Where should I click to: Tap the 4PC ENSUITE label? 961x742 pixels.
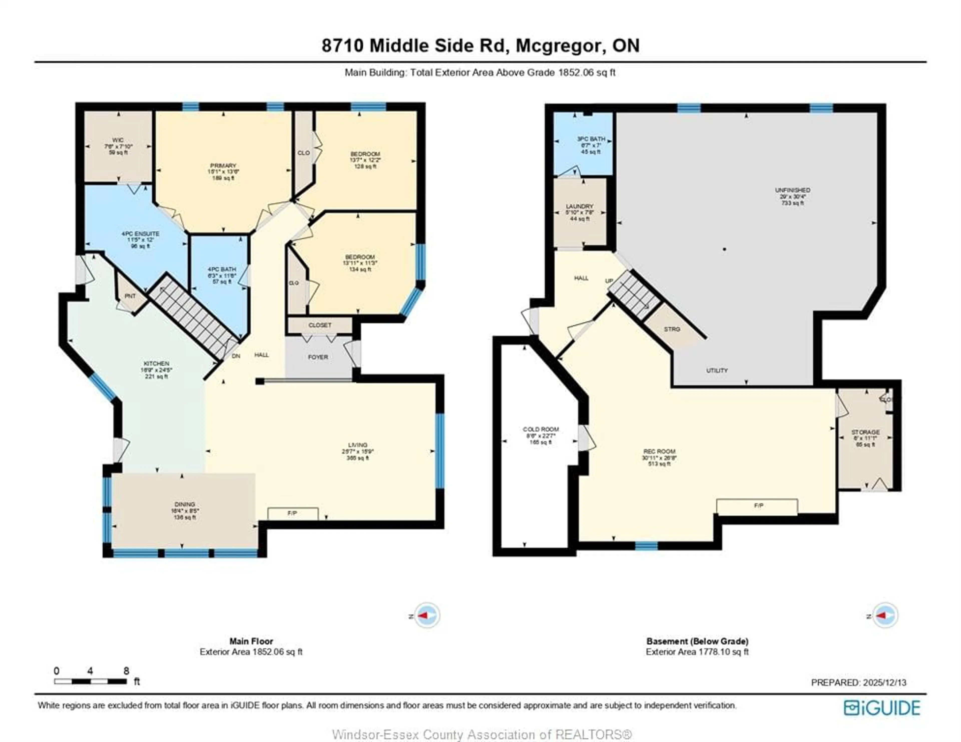click(x=140, y=234)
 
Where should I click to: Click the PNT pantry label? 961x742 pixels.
click(x=130, y=296)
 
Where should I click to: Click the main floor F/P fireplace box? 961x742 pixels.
click(x=293, y=513)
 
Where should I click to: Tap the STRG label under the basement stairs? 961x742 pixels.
click(x=672, y=329)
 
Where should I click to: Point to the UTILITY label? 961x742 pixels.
click(x=717, y=370)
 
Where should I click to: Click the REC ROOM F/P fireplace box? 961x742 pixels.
click(x=757, y=506)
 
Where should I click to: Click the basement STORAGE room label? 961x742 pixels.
click(x=865, y=432)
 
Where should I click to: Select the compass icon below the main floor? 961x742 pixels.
click(x=427, y=616)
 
